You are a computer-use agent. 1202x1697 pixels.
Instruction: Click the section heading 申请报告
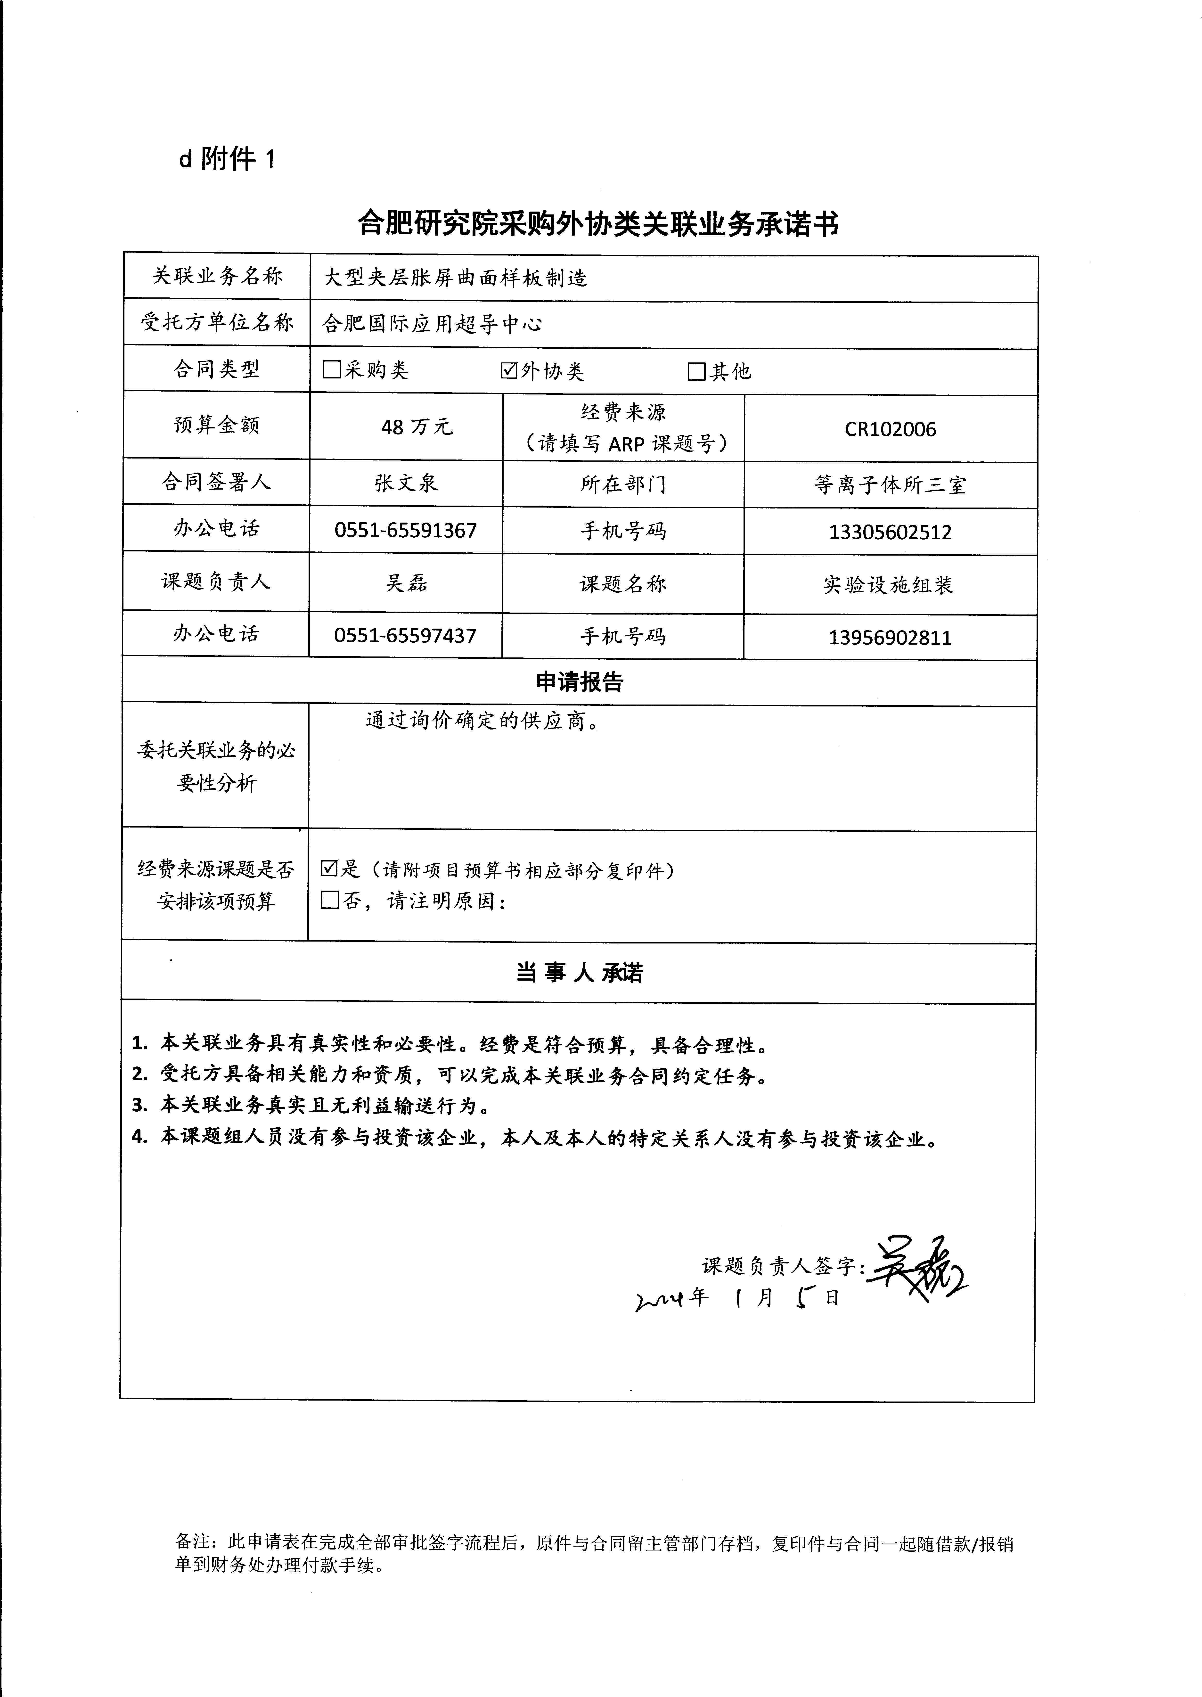580,682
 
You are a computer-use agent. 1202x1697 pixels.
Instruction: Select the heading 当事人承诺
580,972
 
